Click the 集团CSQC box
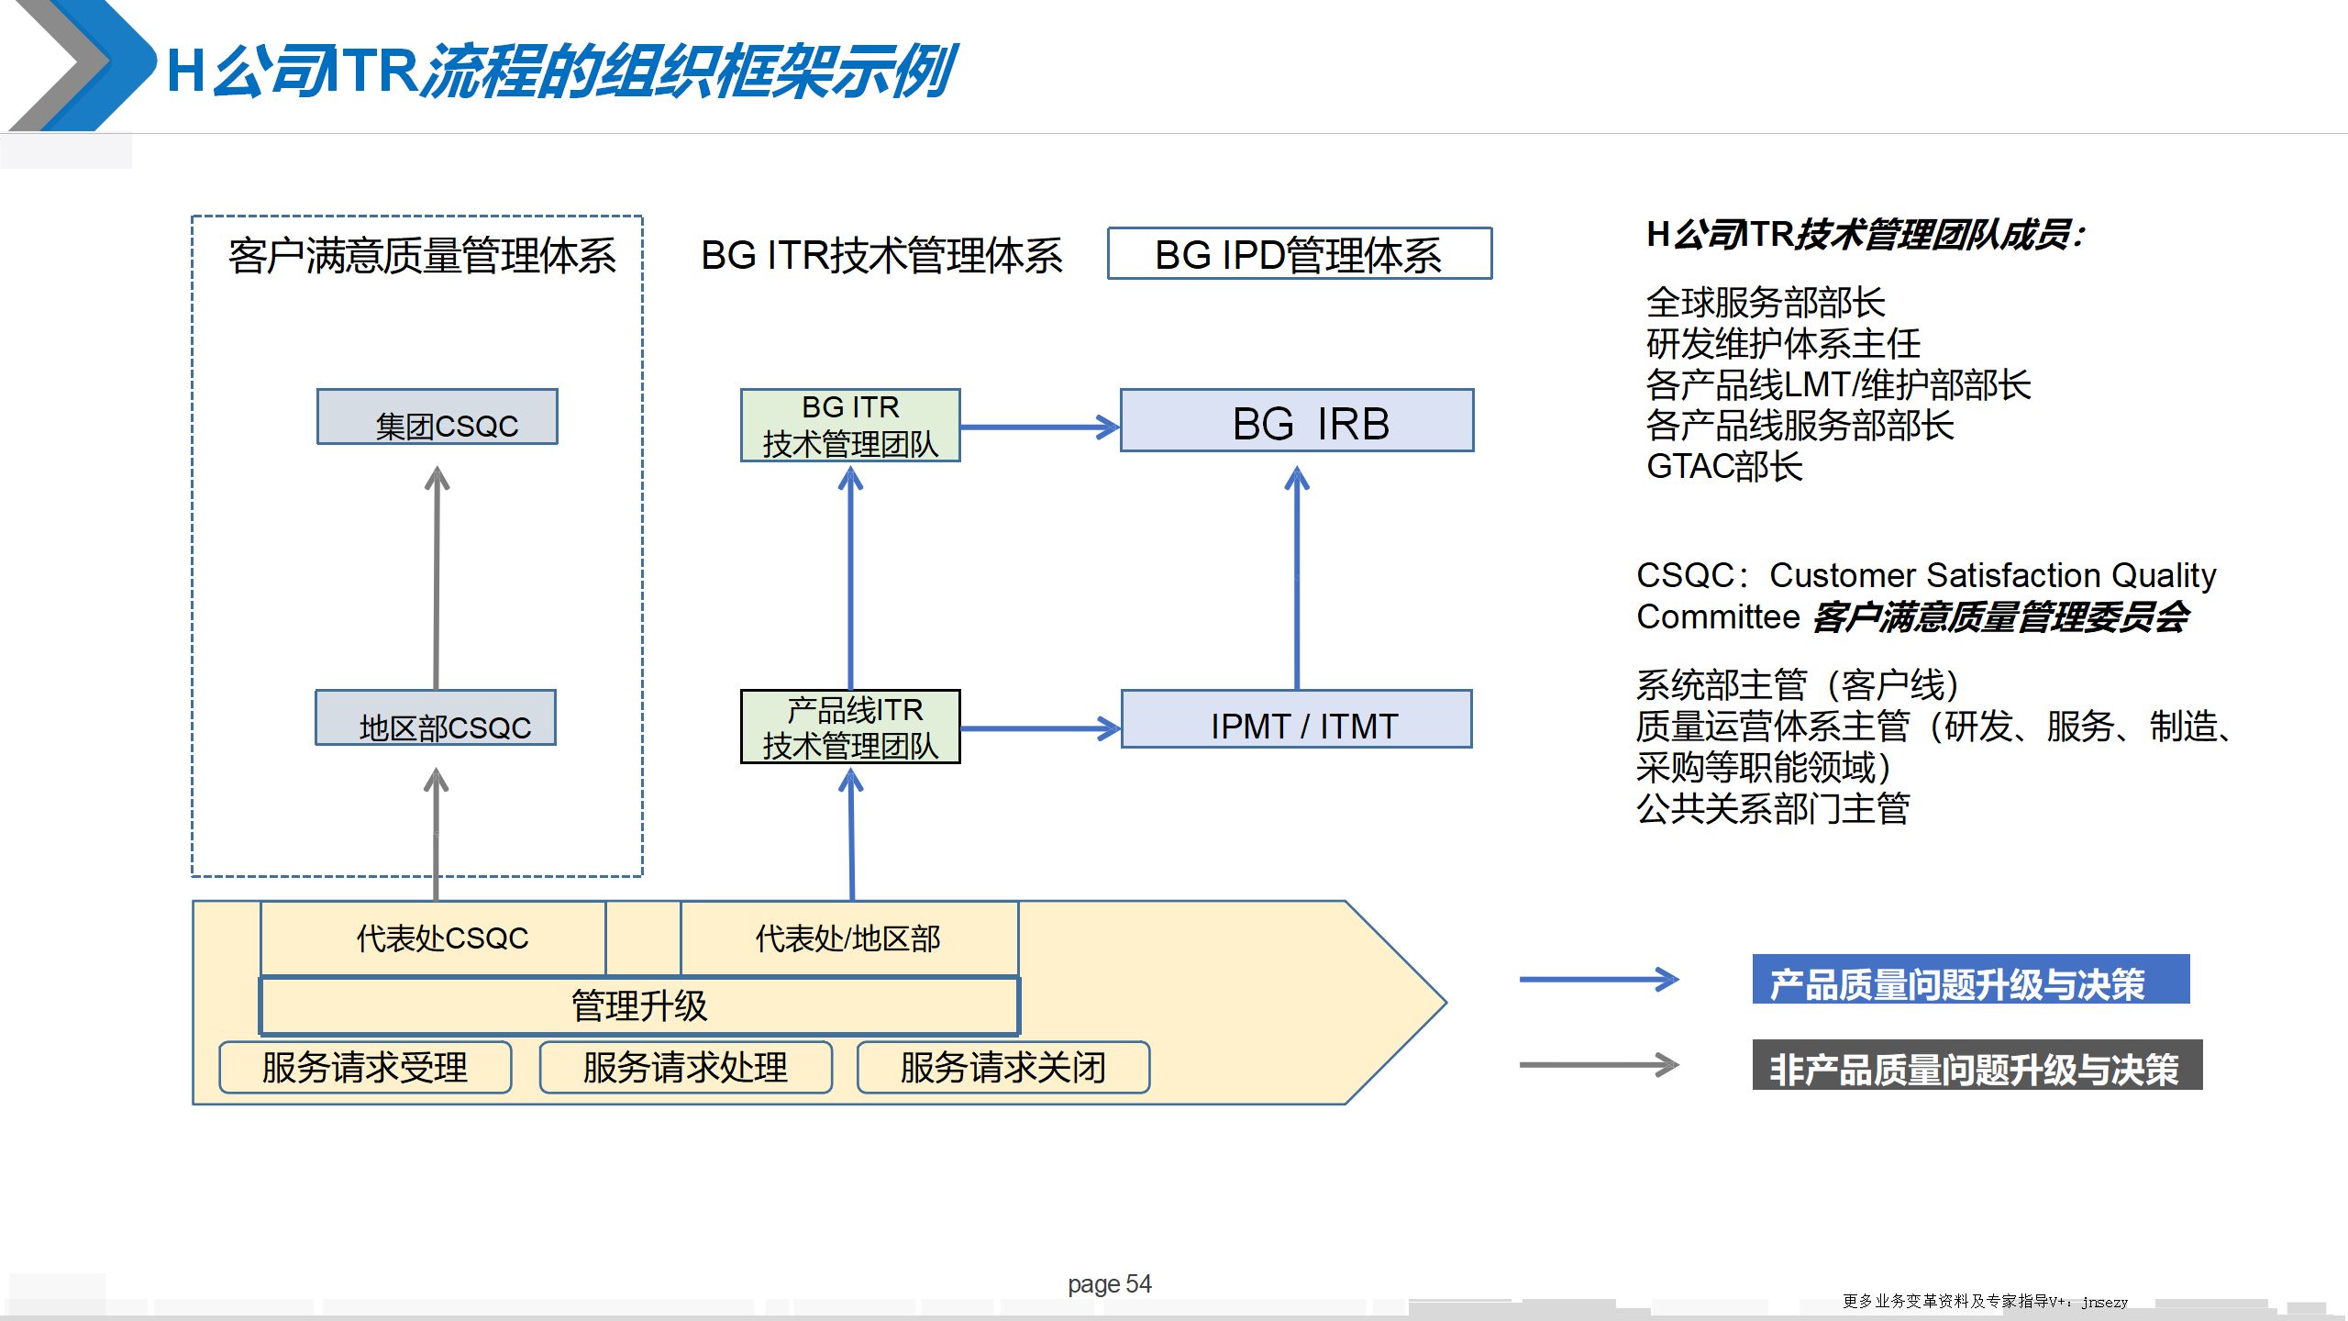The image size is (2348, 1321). [437, 417]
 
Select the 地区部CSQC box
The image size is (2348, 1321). [436, 718]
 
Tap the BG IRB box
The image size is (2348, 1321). [1297, 421]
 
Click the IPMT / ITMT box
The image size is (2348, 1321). [1297, 720]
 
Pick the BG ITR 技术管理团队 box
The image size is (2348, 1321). [850, 426]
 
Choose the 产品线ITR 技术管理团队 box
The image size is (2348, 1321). [850, 727]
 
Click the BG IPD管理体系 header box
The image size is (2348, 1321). [1300, 254]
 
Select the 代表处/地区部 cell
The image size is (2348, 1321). [849, 938]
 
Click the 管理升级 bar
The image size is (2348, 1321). [639, 1006]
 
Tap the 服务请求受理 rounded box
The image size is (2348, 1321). [365, 1068]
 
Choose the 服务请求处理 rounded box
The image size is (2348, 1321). [686, 1068]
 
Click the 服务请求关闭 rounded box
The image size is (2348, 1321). [1003, 1068]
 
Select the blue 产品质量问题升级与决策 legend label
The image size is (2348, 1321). [1970, 981]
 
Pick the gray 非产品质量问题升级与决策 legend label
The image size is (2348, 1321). [1977, 1065]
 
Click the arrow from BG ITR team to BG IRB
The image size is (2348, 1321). [1039, 427]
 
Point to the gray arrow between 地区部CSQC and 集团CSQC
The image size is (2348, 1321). [437, 578]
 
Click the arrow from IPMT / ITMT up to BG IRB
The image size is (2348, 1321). [1297, 578]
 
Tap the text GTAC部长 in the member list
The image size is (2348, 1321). [1724, 467]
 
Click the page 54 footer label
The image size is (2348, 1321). [1109, 1284]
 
